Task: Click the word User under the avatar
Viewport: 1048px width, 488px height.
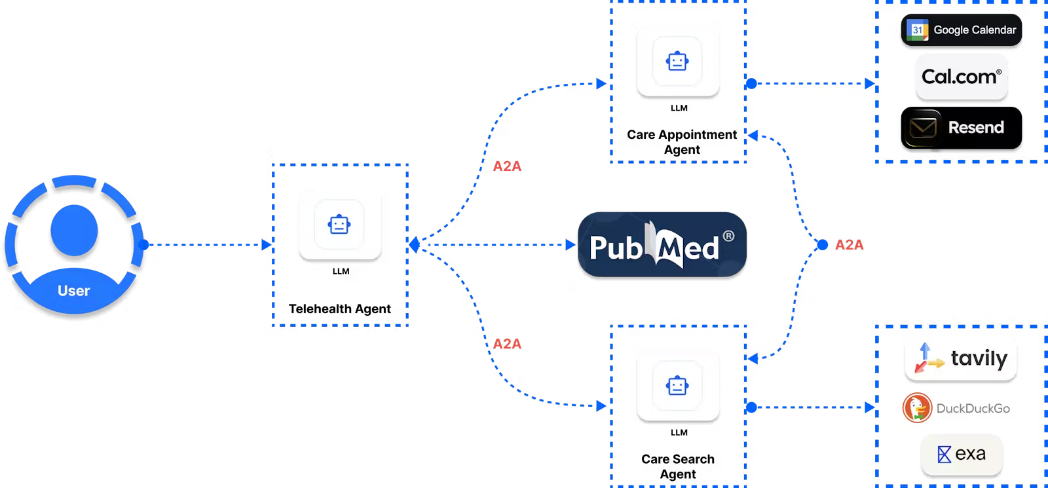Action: click(73, 291)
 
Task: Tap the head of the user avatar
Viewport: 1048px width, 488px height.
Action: click(74, 230)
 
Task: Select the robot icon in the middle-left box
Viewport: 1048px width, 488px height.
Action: click(339, 225)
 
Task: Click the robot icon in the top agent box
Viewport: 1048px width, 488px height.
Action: click(677, 62)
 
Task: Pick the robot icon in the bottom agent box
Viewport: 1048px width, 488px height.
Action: click(677, 385)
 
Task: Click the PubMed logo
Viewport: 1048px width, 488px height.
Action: click(662, 246)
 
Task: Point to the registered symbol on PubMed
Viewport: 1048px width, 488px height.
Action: click(728, 236)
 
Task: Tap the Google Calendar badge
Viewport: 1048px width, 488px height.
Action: click(961, 30)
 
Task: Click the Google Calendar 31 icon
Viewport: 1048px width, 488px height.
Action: click(918, 30)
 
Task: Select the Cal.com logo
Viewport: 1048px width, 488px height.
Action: click(961, 77)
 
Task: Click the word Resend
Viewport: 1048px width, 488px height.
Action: click(975, 128)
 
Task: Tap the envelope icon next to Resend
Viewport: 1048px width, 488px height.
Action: click(923, 127)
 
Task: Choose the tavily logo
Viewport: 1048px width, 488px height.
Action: click(961, 358)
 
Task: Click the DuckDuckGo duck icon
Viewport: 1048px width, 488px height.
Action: click(917, 408)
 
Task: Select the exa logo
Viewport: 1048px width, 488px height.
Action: click(962, 454)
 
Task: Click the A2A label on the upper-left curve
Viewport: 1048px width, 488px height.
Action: click(507, 166)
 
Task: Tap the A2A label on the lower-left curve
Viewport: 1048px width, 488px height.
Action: click(507, 344)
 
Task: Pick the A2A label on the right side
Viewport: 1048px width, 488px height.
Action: click(850, 245)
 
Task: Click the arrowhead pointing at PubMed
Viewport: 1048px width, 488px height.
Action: click(569, 245)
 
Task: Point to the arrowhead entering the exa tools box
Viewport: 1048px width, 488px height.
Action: click(870, 407)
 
